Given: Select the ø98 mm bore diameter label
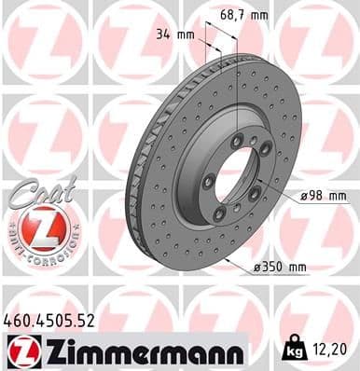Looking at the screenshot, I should point(323,196).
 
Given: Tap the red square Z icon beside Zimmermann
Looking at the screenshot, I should point(20,350).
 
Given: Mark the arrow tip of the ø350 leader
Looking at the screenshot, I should point(226,258).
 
